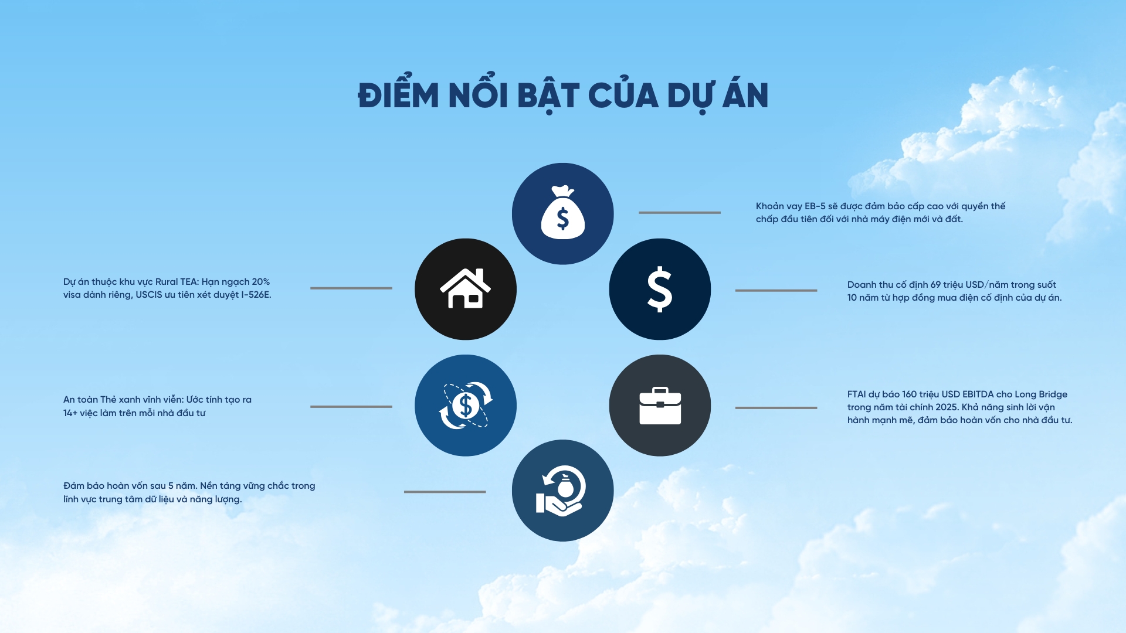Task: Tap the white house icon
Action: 465,288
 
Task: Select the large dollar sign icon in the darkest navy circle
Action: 660,289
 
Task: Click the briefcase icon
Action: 660,406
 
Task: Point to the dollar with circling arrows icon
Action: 466,406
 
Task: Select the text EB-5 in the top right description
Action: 815,206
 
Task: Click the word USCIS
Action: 149,295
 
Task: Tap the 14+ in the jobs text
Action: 70,413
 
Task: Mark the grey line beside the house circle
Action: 351,288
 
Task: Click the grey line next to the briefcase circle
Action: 776,408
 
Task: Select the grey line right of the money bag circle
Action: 680,213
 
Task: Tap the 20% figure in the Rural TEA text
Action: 260,282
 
